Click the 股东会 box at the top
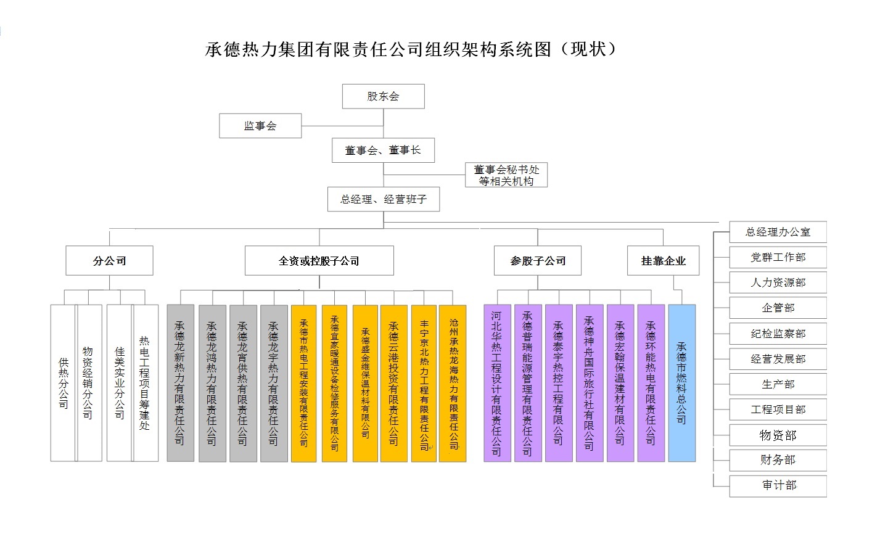(x=383, y=96)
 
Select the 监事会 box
(x=260, y=126)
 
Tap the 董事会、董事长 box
(x=383, y=150)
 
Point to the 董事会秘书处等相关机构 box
(x=506, y=175)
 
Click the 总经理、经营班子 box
(x=383, y=199)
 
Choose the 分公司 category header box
(x=109, y=261)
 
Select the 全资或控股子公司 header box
(x=319, y=261)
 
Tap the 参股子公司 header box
(x=537, y=261)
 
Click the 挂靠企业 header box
(x=664, y=261)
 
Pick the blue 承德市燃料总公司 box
(x=681, y=383)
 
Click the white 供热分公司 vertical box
(x=64, y=383)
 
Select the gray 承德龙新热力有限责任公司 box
(x=180, y=383)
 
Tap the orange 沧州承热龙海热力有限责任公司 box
(x=453, y=383)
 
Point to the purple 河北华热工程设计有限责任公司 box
(x=496, y=383)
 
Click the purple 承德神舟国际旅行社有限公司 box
(x=589, y=383)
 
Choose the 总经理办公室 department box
(x=778, y=232)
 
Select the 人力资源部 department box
(x=778, y=282)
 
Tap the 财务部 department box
(x=778, y=459)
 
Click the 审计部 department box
(x=778, y=485)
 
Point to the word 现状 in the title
(x=588, y=49)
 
